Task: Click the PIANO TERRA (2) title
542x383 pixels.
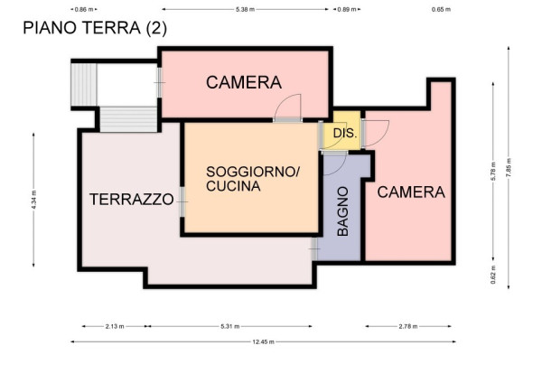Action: tap(95, 28)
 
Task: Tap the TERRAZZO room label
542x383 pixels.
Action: tap(132, 199)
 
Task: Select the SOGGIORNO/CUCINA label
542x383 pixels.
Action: tap(253, 179)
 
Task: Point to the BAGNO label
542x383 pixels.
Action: tap(342, 211)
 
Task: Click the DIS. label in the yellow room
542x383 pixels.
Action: tap(345, 133)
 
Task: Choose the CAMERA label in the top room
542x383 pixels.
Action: tap(244, 82)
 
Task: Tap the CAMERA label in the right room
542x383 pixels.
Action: tap(411, 192)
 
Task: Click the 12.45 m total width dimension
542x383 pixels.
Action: tap(264, 341)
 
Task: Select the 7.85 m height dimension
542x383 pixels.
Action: tap(509, 168)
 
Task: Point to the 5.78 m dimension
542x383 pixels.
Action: tap(493, 171)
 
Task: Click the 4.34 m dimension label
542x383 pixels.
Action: tap(33, 200)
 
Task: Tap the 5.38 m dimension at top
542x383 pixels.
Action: tap(245, 9)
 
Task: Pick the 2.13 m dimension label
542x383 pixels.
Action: tap(115, 326)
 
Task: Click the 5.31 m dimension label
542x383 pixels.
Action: tap(230, 326)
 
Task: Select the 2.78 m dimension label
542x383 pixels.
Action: tap(408, 326)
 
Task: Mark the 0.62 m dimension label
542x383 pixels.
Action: tap(493, 275)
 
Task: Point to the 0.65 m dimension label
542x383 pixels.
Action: tap(441, 9)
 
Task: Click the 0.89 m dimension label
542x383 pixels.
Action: tap(347, 9)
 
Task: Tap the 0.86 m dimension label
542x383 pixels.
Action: tap(84, 9)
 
